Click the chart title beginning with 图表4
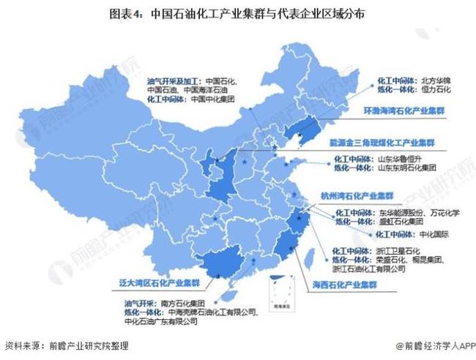pos(237,14)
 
